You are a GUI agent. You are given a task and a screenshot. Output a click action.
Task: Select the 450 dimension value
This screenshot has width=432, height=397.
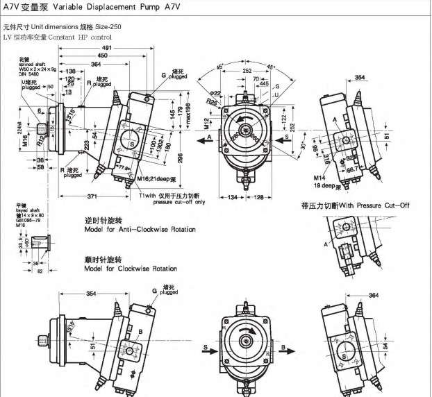(102, 56)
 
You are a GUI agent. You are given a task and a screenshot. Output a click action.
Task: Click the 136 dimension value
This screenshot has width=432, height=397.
(71, 71)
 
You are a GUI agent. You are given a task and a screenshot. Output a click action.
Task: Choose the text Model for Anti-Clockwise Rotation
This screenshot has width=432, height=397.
(131, 229)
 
